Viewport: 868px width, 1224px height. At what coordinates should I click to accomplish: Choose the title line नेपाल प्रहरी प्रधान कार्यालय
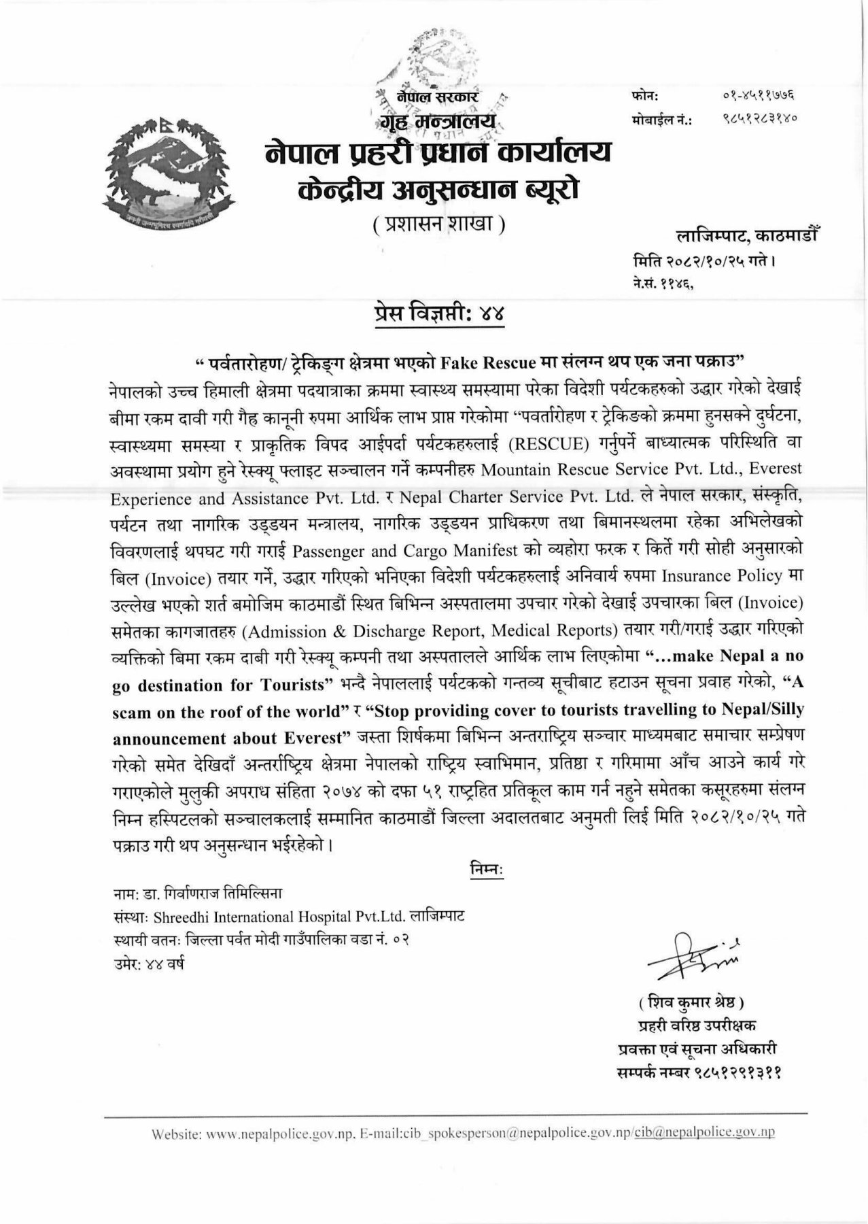(438, 150)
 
